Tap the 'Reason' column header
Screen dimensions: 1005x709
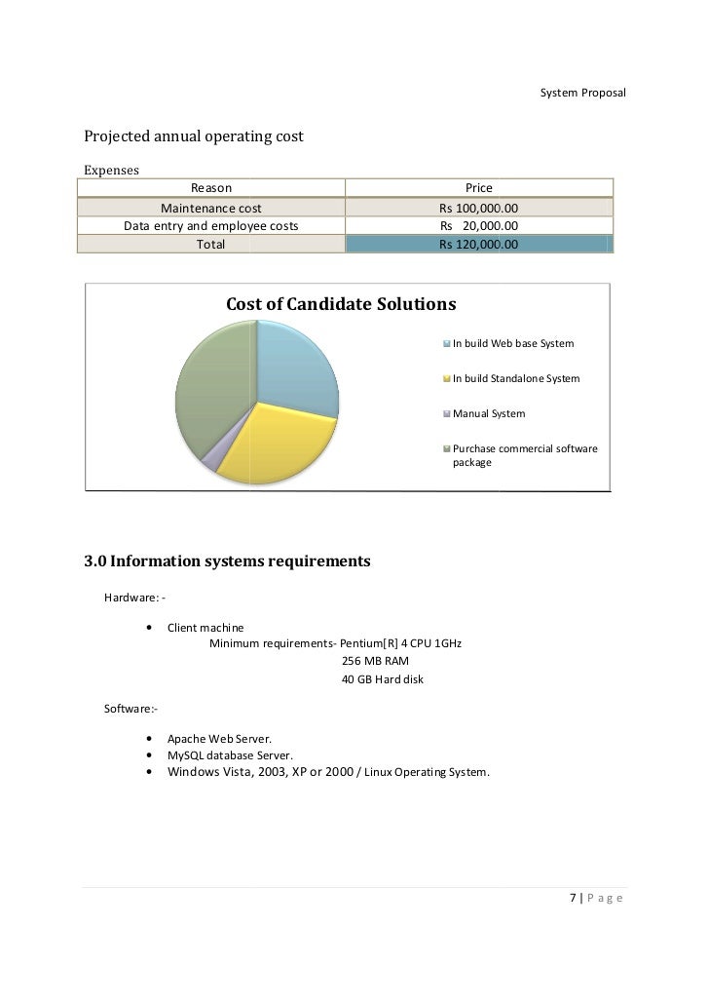click(x=210, y=188)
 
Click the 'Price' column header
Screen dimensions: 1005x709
click(x=478, y=188)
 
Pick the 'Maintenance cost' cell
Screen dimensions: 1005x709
click(x=210, y=208)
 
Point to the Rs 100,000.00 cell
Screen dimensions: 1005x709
click(x=478, y=208)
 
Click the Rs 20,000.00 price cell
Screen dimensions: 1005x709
click(x=478, y=226)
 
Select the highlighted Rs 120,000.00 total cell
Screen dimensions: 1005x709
click(x=478, y=245)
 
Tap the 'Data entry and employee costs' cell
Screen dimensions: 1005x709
click(x=210, y=226)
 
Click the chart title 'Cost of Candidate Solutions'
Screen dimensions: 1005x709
click(x=341, y=304)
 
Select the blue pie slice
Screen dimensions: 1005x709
click(x=297, y=370)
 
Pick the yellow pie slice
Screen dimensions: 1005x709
click(x=273, y=444)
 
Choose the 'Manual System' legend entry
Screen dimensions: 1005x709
click(x=488, y=413)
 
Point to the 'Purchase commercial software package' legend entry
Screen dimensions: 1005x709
click(x=524, y=455)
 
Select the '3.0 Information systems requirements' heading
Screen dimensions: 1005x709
click(x=227, y=561)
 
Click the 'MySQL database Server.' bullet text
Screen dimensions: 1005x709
click(x=230, y=755)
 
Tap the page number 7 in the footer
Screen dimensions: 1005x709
click(x=572, y=898)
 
